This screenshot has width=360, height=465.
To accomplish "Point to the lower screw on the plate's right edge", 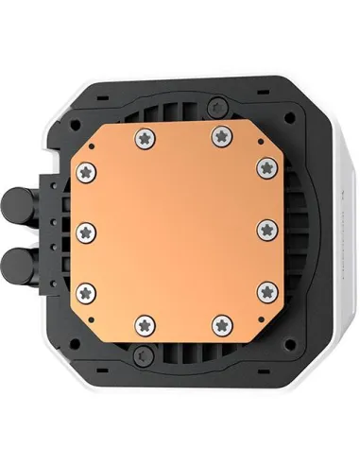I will tap(269, 290).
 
